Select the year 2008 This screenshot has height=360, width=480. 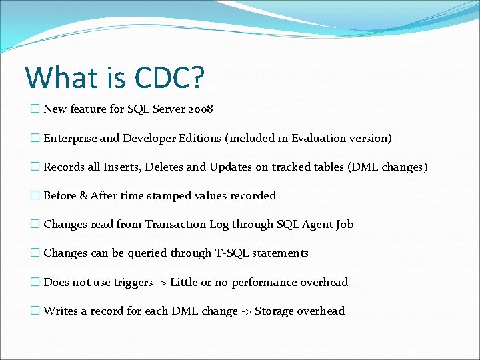coord(199,109)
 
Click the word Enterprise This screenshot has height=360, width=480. coord(71,138)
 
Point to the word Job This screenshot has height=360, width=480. coord(345,225)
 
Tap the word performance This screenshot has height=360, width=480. coord(263,283)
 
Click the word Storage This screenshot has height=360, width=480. coord(275,311)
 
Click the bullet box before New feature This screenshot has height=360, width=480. coord(35,109)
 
